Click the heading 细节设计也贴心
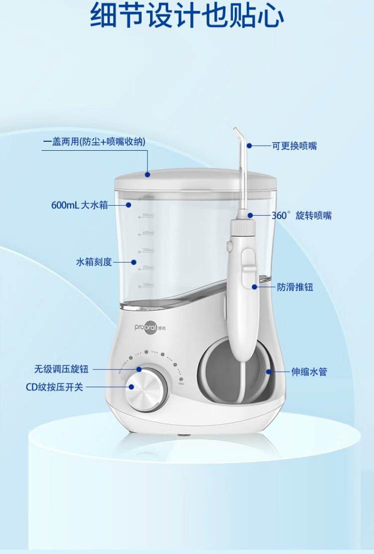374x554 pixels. click(187, 16)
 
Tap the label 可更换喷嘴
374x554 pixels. click(294, 146)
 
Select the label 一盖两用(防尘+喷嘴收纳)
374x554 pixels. click(94, 142)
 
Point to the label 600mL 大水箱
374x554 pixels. click(79, 205)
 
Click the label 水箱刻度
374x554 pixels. click(94, 262)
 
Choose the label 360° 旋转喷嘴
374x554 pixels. click(301, 216)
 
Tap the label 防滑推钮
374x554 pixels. click(295, 287)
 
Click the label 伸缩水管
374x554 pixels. click(309, 372)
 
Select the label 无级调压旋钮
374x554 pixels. click(61, 369)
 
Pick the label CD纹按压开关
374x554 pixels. click(54, 387)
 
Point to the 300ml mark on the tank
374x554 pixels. click(148, 250)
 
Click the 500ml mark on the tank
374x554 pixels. click(148, 216)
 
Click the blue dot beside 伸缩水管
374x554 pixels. click(268, 372)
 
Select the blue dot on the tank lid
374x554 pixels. click(148, 174)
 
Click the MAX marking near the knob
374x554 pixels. click(182, 383)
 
